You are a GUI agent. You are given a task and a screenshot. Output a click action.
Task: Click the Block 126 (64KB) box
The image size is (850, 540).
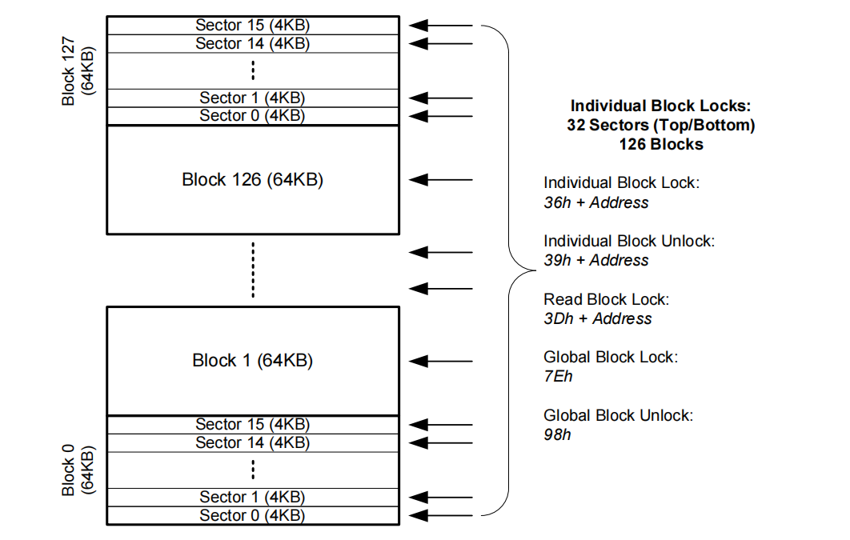click(x=253, y=180)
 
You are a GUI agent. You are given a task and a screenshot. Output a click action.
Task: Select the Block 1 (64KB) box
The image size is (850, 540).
click(x=253, y=362)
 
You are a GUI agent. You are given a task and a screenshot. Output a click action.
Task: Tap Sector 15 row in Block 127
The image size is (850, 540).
click(x=253, y=26)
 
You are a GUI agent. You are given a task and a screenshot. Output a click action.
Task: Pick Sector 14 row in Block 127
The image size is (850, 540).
click(x=253, y=43)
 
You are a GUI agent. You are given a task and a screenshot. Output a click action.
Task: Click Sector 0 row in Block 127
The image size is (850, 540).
click(x=253, y=116)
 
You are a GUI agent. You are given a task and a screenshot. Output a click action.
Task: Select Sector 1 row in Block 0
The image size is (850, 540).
click(x=253, y=498)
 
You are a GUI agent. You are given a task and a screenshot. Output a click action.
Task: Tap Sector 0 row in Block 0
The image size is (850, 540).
click(x=253, y=516)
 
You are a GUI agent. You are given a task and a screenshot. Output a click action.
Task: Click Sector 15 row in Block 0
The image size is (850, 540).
click(x=253, y=425)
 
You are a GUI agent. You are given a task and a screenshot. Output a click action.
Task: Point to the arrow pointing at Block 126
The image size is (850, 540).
click(x=441, y=180)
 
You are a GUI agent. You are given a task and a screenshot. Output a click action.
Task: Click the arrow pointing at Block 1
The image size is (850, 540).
click(x=441, y=362)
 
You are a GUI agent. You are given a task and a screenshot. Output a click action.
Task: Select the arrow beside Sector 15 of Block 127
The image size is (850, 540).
click(x=441, y=26)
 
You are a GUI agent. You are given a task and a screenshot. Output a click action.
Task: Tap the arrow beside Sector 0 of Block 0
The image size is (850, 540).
click(x=441, y=516)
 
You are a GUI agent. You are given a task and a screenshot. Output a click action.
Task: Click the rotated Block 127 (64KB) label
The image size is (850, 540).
click(x=78, y=71)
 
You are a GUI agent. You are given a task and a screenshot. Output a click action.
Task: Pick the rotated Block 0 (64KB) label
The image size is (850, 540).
click(x=78, y=470)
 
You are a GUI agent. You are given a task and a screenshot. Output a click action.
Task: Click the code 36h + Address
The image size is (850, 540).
click(x=596, y=202)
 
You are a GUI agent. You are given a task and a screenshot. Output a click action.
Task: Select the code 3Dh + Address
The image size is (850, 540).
click(x=598, y=318)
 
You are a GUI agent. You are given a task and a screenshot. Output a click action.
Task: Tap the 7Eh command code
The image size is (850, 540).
click(x=558, y=377)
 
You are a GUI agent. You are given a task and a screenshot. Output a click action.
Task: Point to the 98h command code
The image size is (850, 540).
click(x=557, y=434)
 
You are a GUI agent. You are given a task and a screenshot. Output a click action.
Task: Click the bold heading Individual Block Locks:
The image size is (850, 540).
click(x=661, y=106)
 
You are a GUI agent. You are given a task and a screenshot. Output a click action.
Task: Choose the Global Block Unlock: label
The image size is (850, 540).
click(x=619, y=415)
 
